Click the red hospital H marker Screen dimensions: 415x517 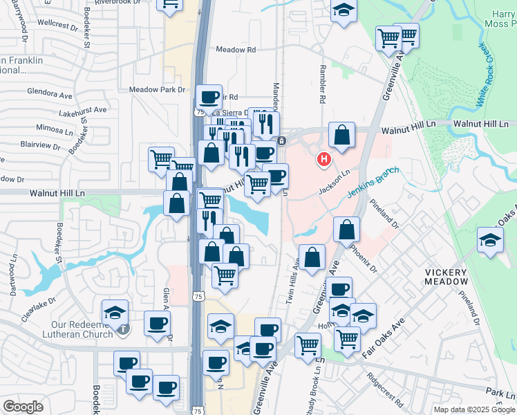323,160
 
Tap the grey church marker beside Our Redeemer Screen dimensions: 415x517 122,329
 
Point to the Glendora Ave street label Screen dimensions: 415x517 50,91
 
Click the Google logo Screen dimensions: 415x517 23,407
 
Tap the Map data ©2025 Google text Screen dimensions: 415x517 473,409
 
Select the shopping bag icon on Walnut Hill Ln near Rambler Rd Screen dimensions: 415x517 341,135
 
